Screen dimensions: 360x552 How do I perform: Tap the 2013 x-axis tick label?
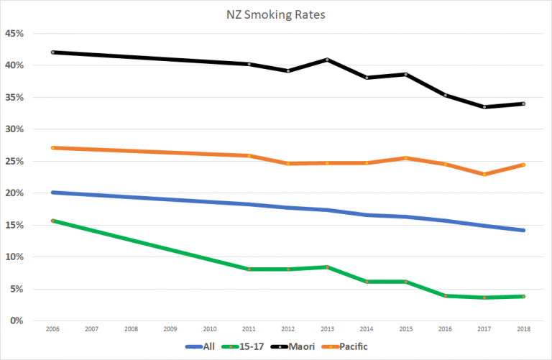(327, 328)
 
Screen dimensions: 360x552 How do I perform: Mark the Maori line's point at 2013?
(327, 60)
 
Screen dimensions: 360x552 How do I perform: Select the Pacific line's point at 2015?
(405, 158)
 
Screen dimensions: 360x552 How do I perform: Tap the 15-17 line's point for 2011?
(249, 269)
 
